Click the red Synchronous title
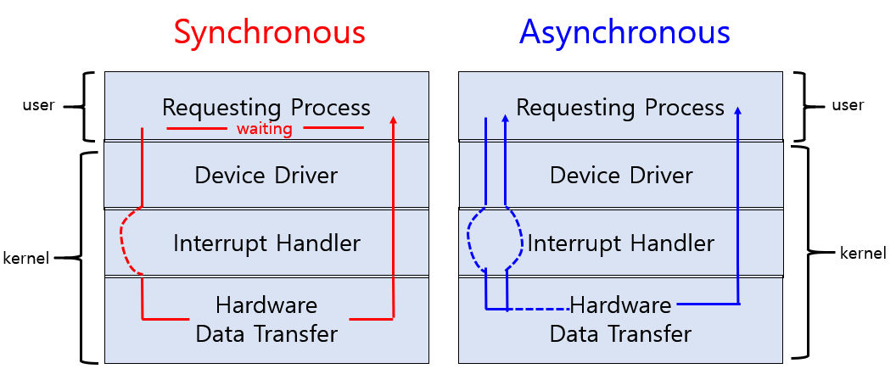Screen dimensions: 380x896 (x=269, y=32)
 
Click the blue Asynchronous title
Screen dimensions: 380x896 (x=624, y=32)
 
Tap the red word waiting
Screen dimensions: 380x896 (x=265, y=129)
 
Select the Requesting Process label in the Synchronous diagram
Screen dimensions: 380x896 (x=266, y=108)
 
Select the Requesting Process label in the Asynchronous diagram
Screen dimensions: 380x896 (x=620, y=108)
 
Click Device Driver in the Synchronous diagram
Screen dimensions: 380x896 (x=266, y=175)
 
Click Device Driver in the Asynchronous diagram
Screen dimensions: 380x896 (x=621, y=175)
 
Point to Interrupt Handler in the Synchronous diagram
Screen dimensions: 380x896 (x=266, y=243)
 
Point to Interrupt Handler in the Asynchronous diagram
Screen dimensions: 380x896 (x=621, y=243)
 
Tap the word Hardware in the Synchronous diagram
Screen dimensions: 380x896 (x=266, y=305)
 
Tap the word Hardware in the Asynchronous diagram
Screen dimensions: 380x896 (x=620, y=305)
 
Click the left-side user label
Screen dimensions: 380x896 (x=38, y=106)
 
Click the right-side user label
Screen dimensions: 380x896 (x=848, y=105)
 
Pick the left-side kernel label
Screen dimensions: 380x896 (x=27, y=257)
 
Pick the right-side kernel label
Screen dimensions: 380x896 (x=863, y=253)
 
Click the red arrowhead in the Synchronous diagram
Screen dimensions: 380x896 (x=393, y=120)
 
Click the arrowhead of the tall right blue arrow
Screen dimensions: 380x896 (x=737, y=111)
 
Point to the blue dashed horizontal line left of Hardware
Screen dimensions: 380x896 (x=538, y=309)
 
